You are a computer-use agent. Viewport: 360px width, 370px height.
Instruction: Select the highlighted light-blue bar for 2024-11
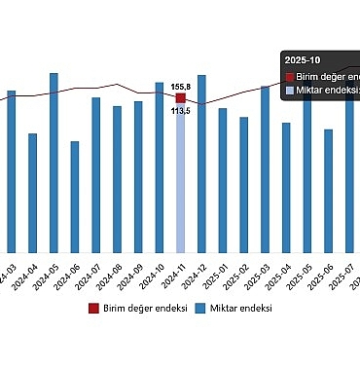coord(181,185)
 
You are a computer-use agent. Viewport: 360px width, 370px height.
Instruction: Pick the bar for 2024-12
coord(201,165)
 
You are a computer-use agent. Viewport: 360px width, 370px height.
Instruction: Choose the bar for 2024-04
coord(32,194)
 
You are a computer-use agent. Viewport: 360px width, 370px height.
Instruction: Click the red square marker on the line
coord(181,97)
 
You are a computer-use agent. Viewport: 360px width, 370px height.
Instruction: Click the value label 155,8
coord(180,86)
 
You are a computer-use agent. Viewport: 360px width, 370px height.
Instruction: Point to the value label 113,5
coord(180,111)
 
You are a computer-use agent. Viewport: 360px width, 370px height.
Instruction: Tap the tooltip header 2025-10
coord(302,58)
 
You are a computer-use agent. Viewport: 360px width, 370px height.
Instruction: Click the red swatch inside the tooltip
coord(289,76)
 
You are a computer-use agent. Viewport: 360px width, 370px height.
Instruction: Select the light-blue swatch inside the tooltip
coord(289,92)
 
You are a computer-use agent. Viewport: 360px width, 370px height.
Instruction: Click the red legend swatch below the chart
coord(93,308)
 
